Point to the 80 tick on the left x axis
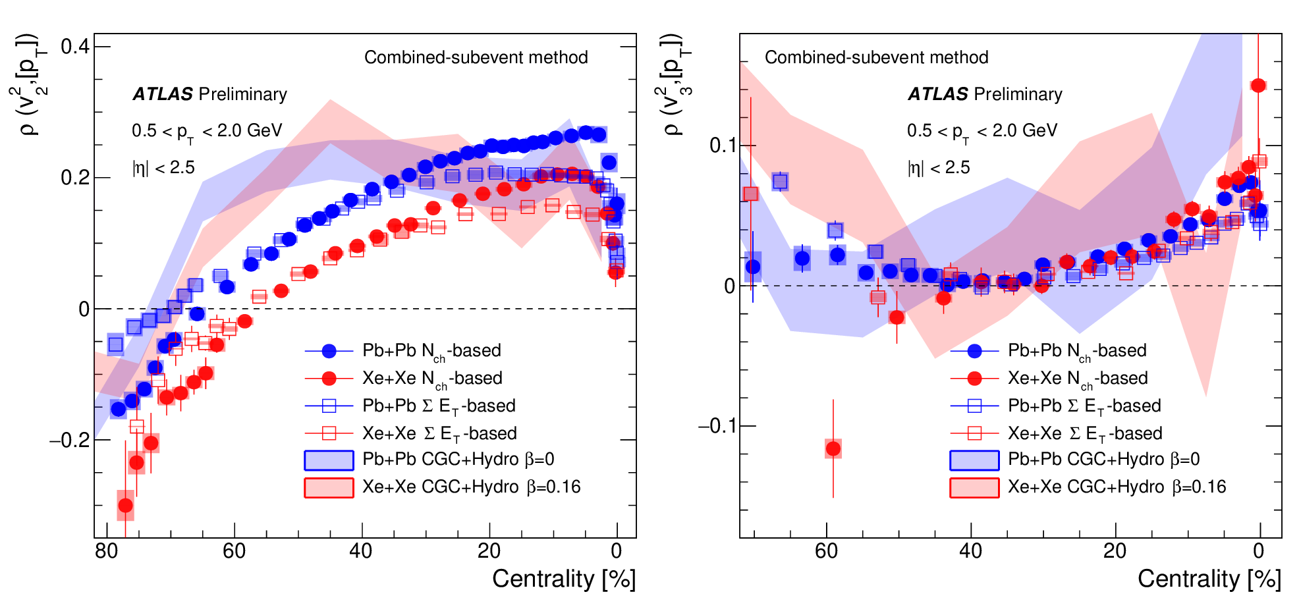coord(107,551)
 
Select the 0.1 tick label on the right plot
coord(722,145)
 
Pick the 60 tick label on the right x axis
coord(826,551)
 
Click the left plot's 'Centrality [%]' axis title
coord(563,579)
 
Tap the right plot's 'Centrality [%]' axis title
coord(1209,579)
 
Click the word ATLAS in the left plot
coord(163,94)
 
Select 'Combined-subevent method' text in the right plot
coord(876,57)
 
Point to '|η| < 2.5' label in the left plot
coord(163,168)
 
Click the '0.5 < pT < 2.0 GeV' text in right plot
coord(981,131)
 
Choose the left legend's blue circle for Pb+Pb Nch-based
coord(329,351)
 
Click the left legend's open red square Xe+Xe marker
coord(329,433)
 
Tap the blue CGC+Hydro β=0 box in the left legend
coord(329,460)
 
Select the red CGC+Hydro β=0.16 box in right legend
coord(974,488)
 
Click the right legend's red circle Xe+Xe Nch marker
coord(975,379)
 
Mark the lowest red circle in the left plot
coord(125,506)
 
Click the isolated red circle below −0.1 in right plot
coord(833,449)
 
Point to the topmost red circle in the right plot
coord(1258,86)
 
